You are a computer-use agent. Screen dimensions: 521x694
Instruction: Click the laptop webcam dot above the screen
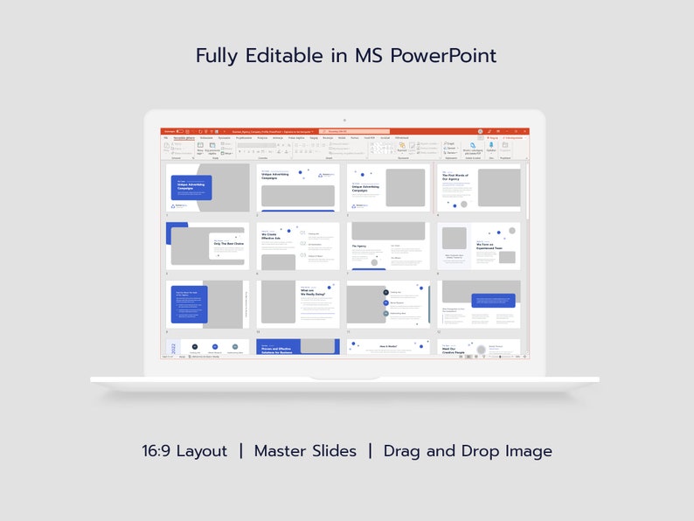pos(344,120)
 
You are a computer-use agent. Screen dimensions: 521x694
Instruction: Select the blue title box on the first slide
pos(191,186)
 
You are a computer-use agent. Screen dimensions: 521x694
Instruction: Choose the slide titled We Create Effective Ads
pos(298,246)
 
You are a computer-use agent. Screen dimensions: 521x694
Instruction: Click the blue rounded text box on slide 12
pos(493,300)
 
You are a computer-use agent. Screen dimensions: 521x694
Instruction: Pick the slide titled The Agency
pos(388,246)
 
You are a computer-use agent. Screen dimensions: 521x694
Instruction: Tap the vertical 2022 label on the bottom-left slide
pos(173,348)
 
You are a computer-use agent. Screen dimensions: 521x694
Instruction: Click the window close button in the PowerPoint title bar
pos(524,131)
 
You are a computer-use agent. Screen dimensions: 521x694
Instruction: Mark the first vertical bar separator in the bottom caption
pos(240,451)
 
